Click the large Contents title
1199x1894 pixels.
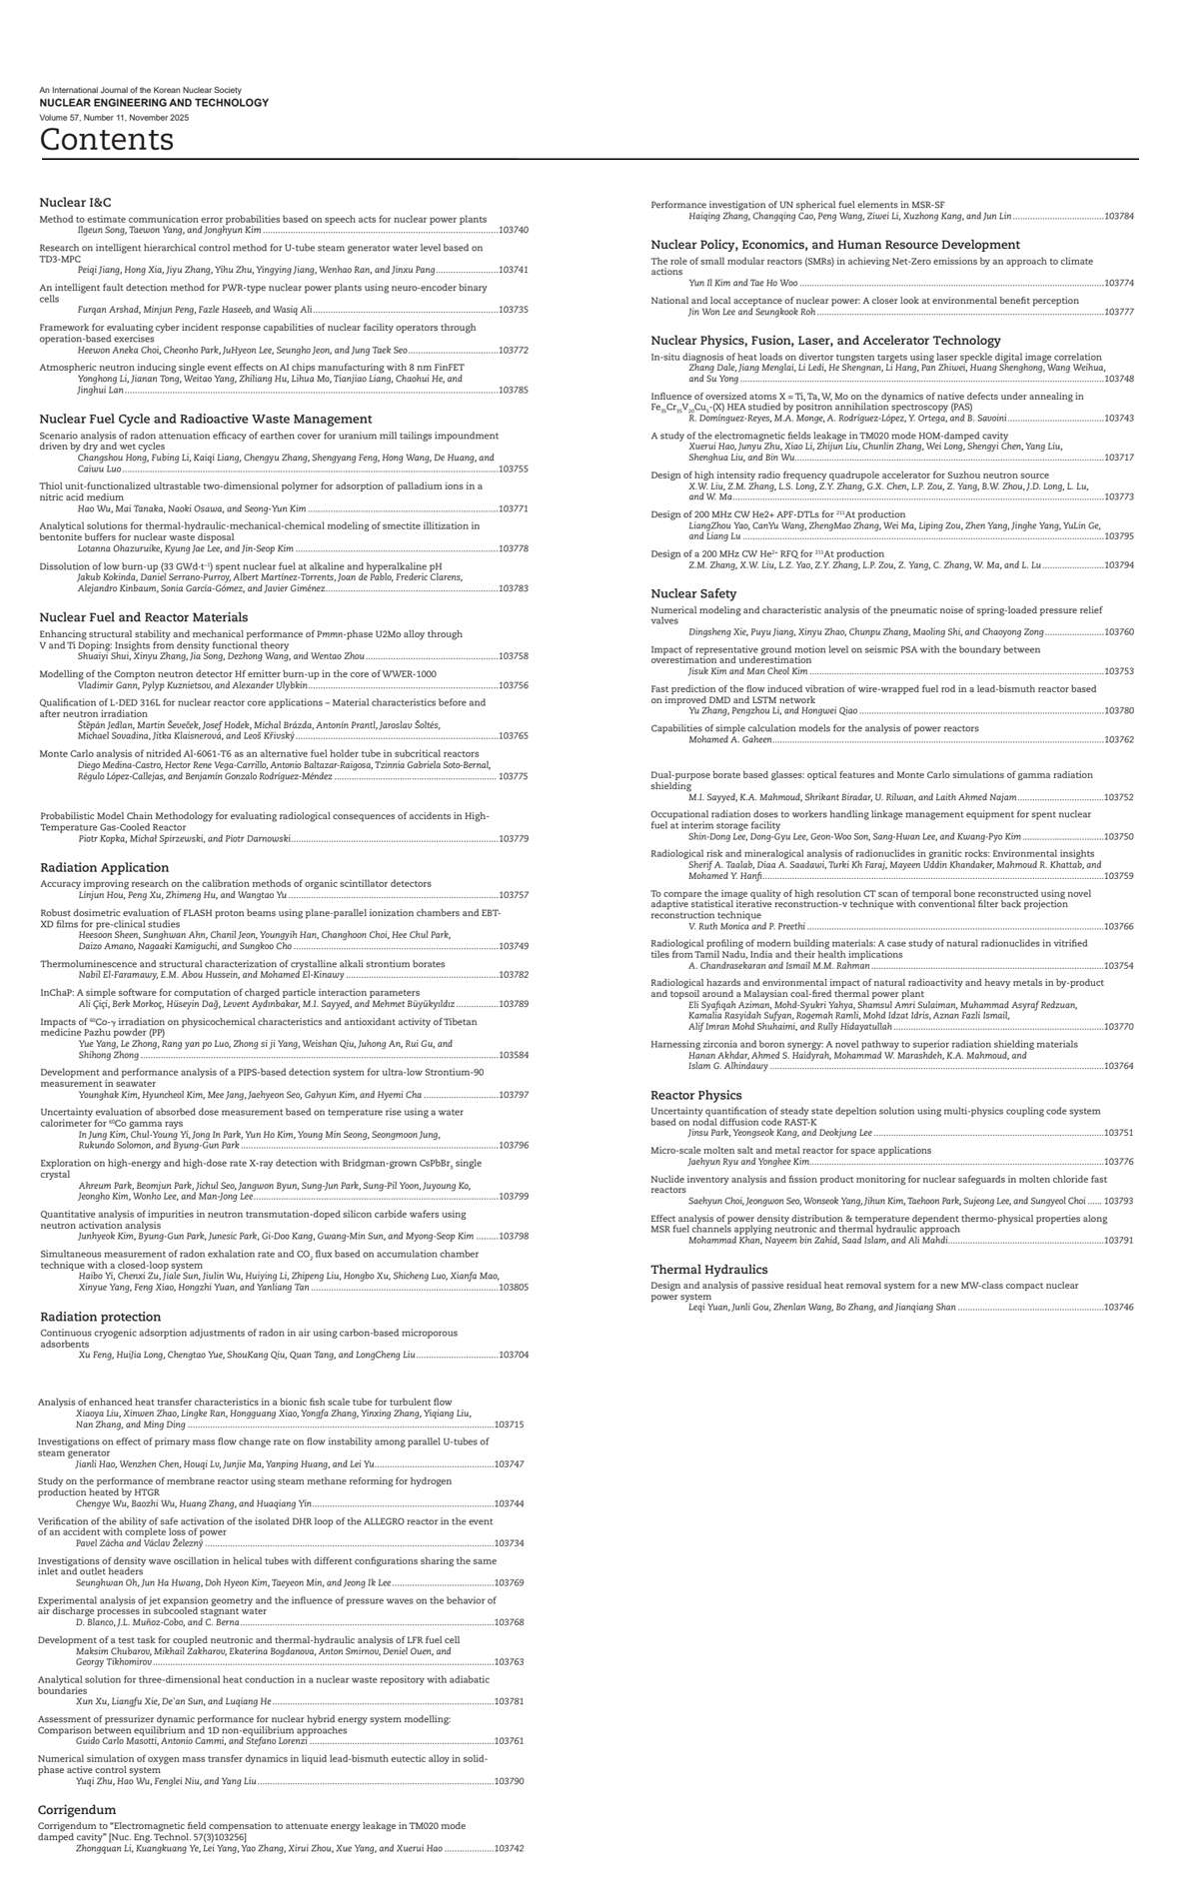[107, 139]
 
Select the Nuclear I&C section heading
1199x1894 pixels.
[75, 203]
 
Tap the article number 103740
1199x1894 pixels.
[513, 230]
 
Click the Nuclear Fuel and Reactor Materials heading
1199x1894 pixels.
[144, 617]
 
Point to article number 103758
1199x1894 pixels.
[513, 656]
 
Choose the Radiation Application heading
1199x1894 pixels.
[105, 867]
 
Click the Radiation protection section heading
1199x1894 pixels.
[101, 1317]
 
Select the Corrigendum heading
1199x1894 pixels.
[77, 1809]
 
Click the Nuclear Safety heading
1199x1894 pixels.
[693, 593]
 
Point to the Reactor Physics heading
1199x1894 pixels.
[696, 1095]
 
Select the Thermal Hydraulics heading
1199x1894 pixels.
[709, 1269]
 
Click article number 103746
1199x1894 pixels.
[1119, 1307]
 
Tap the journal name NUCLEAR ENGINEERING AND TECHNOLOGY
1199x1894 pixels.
[154, 103]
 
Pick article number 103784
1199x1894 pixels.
[1119, 216]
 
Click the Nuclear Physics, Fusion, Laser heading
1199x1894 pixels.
[825, 341]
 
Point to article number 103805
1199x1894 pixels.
[513, 1288]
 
